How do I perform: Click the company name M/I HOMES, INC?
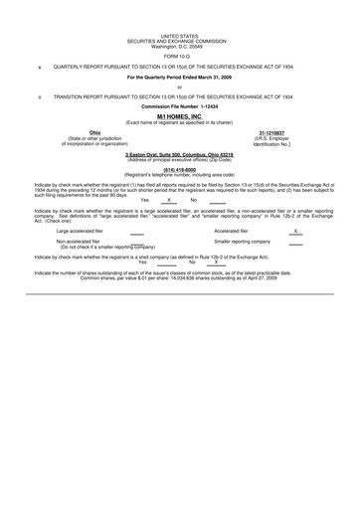tap(179, 116)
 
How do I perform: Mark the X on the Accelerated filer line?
tap(295, 230)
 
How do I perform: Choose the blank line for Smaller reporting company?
tap(295, 243)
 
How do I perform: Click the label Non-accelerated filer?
tap(79, 242)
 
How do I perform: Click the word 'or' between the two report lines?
tap(179, 87)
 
